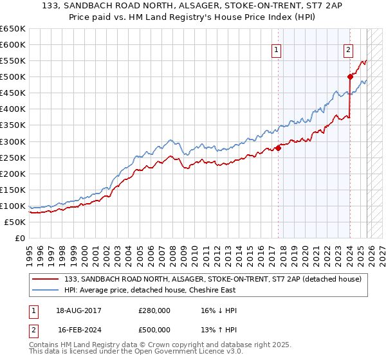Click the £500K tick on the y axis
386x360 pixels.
13,77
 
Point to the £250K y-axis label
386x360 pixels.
13,157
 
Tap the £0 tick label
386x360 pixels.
19,238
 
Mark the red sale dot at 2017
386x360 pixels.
279,148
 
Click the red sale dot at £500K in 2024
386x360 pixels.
350,76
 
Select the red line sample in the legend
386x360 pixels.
46,278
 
